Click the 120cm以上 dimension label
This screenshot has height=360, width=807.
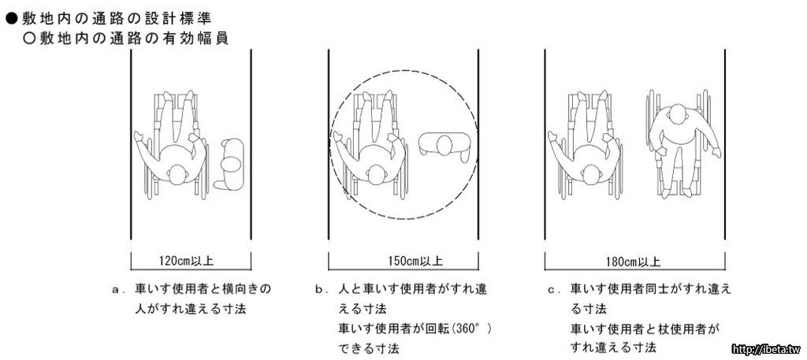click(x=188, y=261)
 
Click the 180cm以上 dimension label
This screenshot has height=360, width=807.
click(x=634, y=262)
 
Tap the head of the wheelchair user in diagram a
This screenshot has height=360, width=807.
click(x=177, y=175)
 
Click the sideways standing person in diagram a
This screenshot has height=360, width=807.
click(x=230, y=165)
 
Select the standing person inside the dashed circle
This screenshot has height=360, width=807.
click(x=444, y=147)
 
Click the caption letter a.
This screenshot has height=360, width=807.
click(x=117, y=290)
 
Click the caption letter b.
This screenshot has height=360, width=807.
click(x=320, y=290)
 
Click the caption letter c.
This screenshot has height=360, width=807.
click(x=552, y=290)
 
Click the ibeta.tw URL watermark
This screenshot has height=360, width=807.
click(x=768, y=349)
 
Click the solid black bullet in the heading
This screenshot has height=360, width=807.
click(x=13, y=19)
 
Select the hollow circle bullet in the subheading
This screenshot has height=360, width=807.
click(x=29, y=39)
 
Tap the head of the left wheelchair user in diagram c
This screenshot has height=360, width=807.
click(x=591, y=175)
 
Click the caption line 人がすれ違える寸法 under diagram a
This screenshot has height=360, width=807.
click(x=191, y=310)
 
